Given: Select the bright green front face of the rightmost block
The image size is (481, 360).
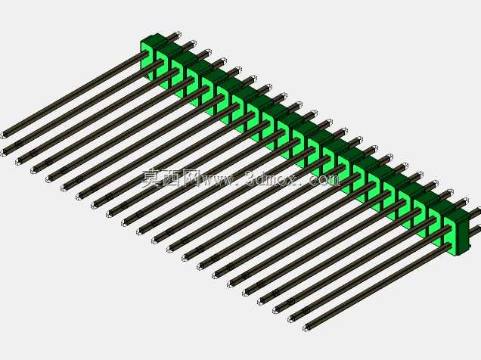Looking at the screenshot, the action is pyautogui.click(x=453, y=236).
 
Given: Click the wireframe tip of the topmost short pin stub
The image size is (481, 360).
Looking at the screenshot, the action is pyautogui.click(x=177, y=34).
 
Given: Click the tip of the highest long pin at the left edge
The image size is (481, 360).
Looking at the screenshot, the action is pyautogui.click(x=4, y=135).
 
